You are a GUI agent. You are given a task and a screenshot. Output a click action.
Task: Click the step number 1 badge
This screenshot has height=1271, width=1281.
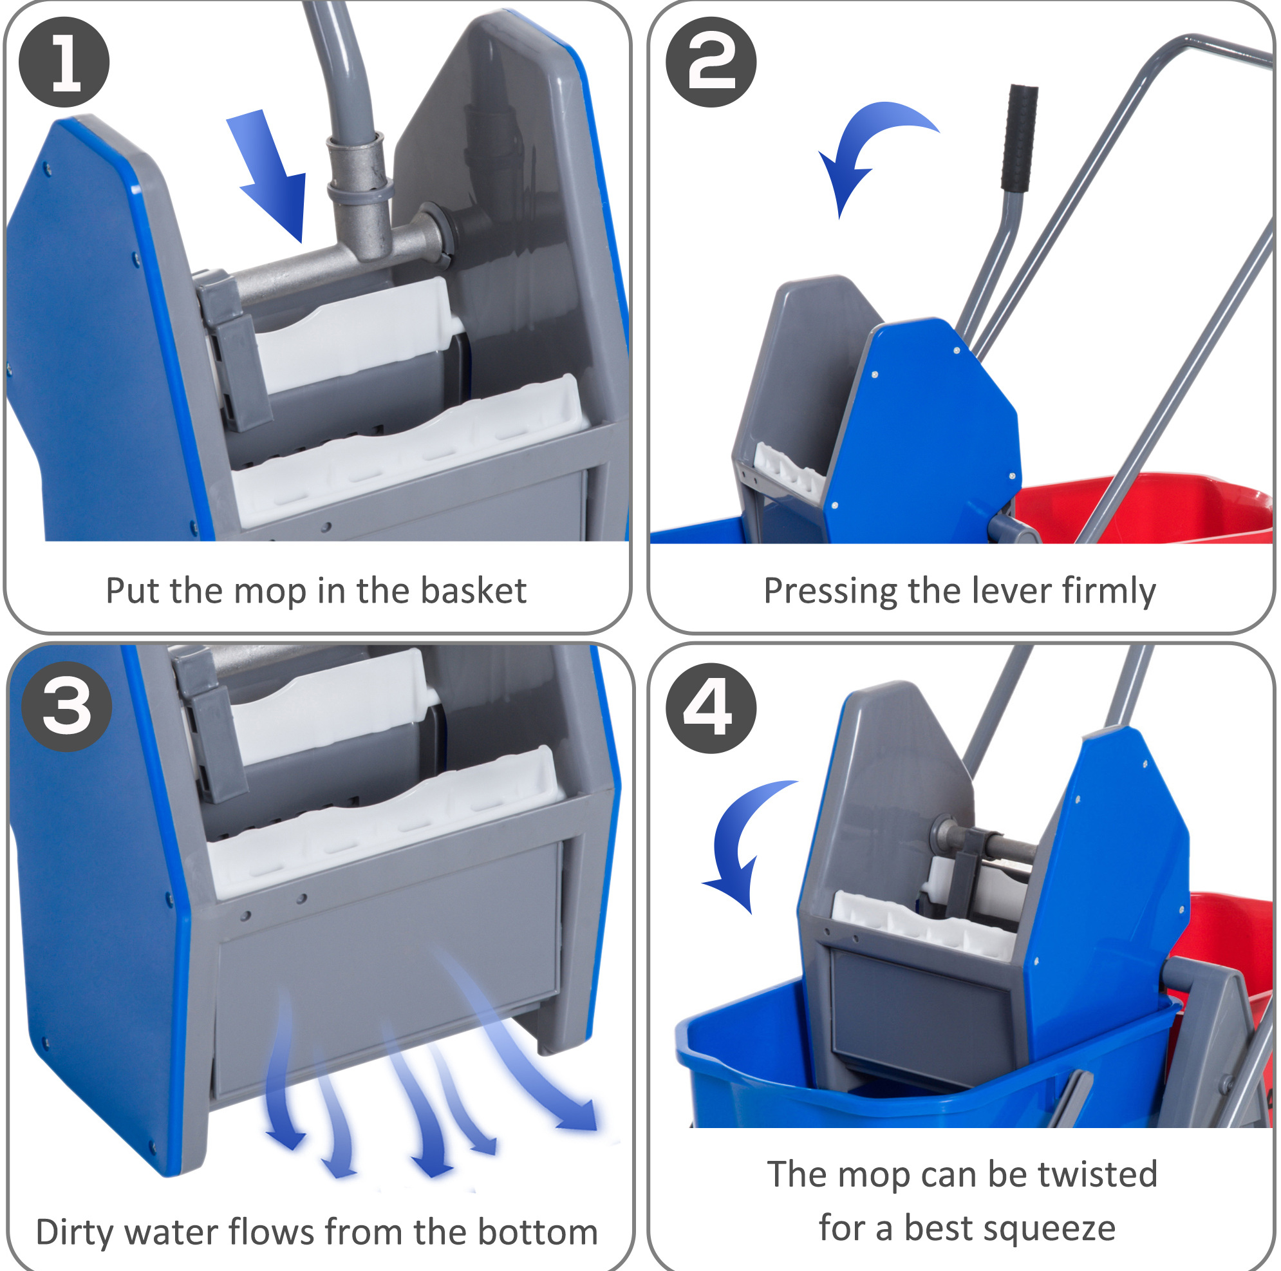click(64, 62)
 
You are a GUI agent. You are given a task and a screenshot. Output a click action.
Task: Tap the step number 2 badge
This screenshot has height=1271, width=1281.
click(711, 62)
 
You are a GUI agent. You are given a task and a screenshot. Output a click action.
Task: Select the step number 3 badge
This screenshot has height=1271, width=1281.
click(66, 707)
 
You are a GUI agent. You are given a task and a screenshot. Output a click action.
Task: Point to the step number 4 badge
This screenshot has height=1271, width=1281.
click(711, 708)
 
